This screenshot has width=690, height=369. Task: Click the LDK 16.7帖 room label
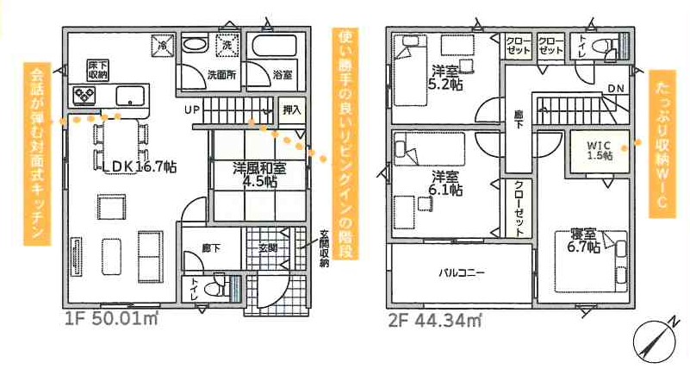click(136, 166)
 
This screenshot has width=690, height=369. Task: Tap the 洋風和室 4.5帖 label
click(259, 175)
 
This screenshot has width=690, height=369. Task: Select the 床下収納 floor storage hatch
click(97, 70)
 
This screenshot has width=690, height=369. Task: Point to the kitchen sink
click(130, 96)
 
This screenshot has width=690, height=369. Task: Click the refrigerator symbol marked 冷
click(163, 45)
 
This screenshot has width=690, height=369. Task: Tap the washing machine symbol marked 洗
click(227, 45)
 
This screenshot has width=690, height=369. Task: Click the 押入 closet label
click(292, 110)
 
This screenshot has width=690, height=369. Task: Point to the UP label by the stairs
click(192, 109)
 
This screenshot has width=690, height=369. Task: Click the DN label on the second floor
click(616, 89)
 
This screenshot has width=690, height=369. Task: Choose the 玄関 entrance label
click(268, 248)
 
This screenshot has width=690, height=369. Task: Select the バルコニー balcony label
click(462, 272)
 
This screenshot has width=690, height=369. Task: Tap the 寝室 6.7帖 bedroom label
click(583, 241)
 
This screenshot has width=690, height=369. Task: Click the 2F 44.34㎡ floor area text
click(434, 320)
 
